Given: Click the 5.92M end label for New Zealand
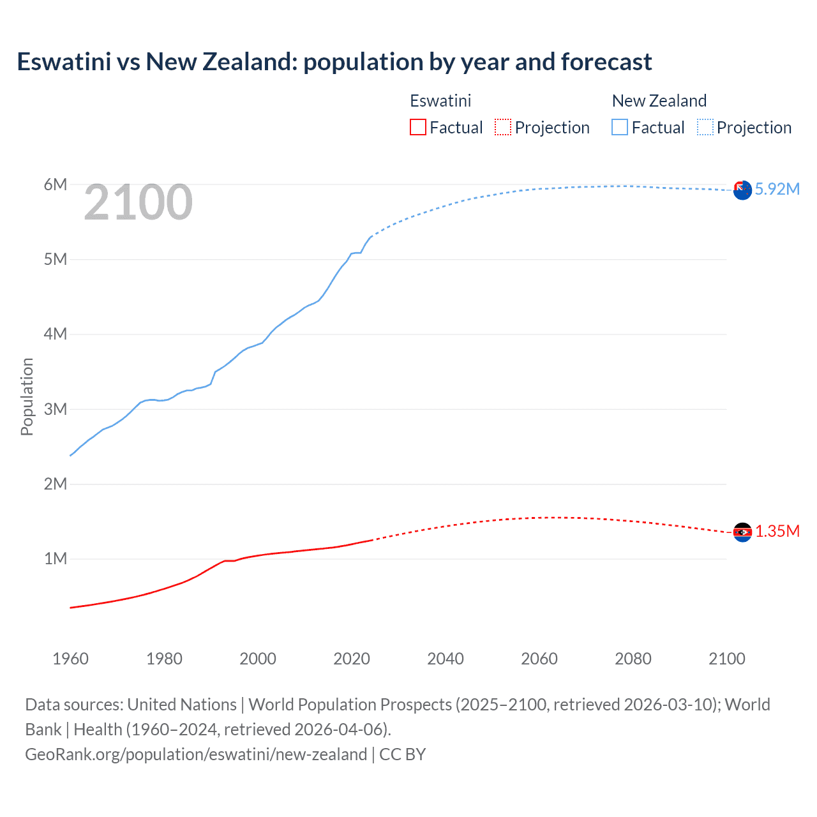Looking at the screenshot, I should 777,189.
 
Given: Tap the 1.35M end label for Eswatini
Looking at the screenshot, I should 777,531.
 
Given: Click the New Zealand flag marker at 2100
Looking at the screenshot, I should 742,190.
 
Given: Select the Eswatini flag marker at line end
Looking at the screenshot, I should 742,532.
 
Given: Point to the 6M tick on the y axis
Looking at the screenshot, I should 56,184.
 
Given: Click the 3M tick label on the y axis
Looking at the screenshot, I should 56,409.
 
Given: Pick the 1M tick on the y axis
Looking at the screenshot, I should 56,559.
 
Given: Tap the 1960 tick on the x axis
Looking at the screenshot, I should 70,659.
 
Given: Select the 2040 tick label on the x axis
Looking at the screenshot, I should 446,659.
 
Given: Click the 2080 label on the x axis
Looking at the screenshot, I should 633,659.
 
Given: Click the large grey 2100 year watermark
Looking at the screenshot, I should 138,202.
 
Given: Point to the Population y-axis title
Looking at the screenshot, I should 27,396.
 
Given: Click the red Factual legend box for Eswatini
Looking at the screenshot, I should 417,127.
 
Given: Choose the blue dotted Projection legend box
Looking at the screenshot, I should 705,127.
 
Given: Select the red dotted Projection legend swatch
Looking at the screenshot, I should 503,127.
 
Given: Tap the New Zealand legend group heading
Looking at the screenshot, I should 659,101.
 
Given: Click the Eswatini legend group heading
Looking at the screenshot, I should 440,101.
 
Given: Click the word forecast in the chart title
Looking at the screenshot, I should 606,62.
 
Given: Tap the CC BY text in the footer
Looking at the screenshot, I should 402,754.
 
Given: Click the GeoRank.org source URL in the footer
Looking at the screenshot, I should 196,754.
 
